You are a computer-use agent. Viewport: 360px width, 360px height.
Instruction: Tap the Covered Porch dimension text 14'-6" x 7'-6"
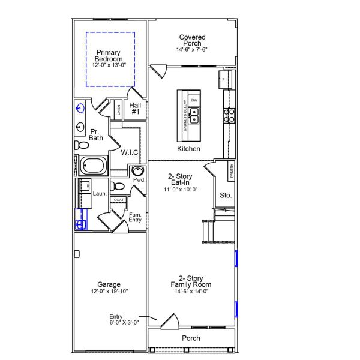click(192, 49)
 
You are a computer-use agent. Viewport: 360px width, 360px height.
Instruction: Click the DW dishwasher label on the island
click(194, 100)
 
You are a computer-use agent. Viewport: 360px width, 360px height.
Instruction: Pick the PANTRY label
click(231, 171)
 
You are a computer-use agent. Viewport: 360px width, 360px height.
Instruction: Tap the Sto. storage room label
click(226, 195)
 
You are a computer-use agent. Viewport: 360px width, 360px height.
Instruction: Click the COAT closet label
click(119, 200)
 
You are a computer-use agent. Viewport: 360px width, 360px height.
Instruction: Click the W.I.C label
click(130, 152)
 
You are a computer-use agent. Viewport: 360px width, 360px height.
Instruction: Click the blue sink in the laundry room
click(80, 224)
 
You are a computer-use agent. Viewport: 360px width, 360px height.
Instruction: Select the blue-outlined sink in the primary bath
click(80, 109)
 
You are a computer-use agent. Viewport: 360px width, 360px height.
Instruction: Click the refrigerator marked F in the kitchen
click(224, 80)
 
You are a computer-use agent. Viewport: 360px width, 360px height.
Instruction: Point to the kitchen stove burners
click(229, 114)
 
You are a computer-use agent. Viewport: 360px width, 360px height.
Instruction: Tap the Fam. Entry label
click(135, 217)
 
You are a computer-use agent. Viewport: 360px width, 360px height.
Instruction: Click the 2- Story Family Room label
click(191, 281)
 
